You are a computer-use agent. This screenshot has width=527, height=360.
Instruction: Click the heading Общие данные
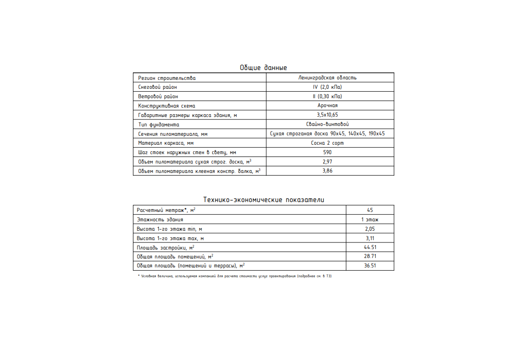[263, 68]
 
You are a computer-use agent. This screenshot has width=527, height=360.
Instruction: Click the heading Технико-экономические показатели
[263, 200]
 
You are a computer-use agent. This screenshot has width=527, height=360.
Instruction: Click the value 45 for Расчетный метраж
[370, 210]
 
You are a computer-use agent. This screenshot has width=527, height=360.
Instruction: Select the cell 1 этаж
[370, 219]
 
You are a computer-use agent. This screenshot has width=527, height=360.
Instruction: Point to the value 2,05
[370, 229]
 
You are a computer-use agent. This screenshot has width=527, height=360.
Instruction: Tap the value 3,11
[370, 238]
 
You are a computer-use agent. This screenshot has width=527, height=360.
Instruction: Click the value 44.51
[370, 247]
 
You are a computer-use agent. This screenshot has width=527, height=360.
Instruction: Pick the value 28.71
[370, 257]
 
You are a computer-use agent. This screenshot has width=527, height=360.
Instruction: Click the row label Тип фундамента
[159, 125]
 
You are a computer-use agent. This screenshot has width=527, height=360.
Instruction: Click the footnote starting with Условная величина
[235, 276]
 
